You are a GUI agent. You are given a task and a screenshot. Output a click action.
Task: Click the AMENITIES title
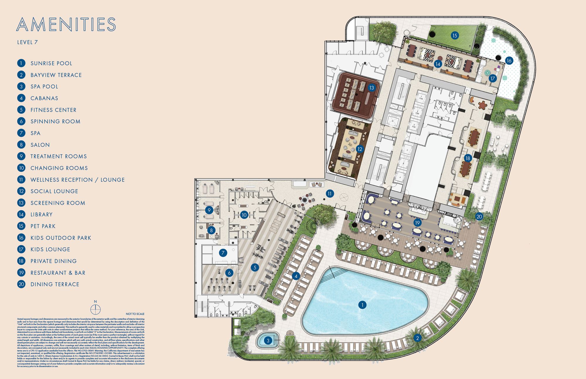[66, 24]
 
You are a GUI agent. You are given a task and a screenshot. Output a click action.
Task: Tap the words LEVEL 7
[28, 42]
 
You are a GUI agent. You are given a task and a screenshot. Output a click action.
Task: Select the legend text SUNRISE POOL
[51, 63]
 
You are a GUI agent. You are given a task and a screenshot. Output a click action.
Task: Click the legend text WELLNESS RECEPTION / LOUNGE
[78, 180]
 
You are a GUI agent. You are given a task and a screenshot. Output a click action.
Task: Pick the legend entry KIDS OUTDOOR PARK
[61, 238]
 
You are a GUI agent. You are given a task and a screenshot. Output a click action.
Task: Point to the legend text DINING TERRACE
[55, 284]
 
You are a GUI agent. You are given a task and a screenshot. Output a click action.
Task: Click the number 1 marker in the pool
[362, 305]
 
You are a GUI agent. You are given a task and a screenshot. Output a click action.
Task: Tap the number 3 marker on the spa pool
[268, 340]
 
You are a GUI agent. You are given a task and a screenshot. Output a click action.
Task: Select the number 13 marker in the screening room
[372, 88]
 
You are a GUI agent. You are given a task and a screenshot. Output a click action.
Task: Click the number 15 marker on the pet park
[454, 36]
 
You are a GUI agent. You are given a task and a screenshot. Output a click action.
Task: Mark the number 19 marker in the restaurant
[417, 223]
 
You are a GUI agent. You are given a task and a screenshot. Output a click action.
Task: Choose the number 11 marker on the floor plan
[330, 193]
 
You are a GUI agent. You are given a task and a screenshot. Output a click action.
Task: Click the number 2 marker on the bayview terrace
[417, 338]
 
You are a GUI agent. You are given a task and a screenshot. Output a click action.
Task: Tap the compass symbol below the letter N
[96, 309]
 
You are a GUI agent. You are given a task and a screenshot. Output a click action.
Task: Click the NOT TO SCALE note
[135, 314]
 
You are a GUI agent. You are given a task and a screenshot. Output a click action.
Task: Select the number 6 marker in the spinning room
[229, 273]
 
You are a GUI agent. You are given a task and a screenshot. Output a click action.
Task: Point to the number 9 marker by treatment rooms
[209, 210]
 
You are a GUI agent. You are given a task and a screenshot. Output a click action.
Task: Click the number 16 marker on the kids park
[509, 61]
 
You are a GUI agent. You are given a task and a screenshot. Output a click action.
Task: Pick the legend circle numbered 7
[21, 133]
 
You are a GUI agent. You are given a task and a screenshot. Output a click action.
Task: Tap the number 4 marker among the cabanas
[296, 276]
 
